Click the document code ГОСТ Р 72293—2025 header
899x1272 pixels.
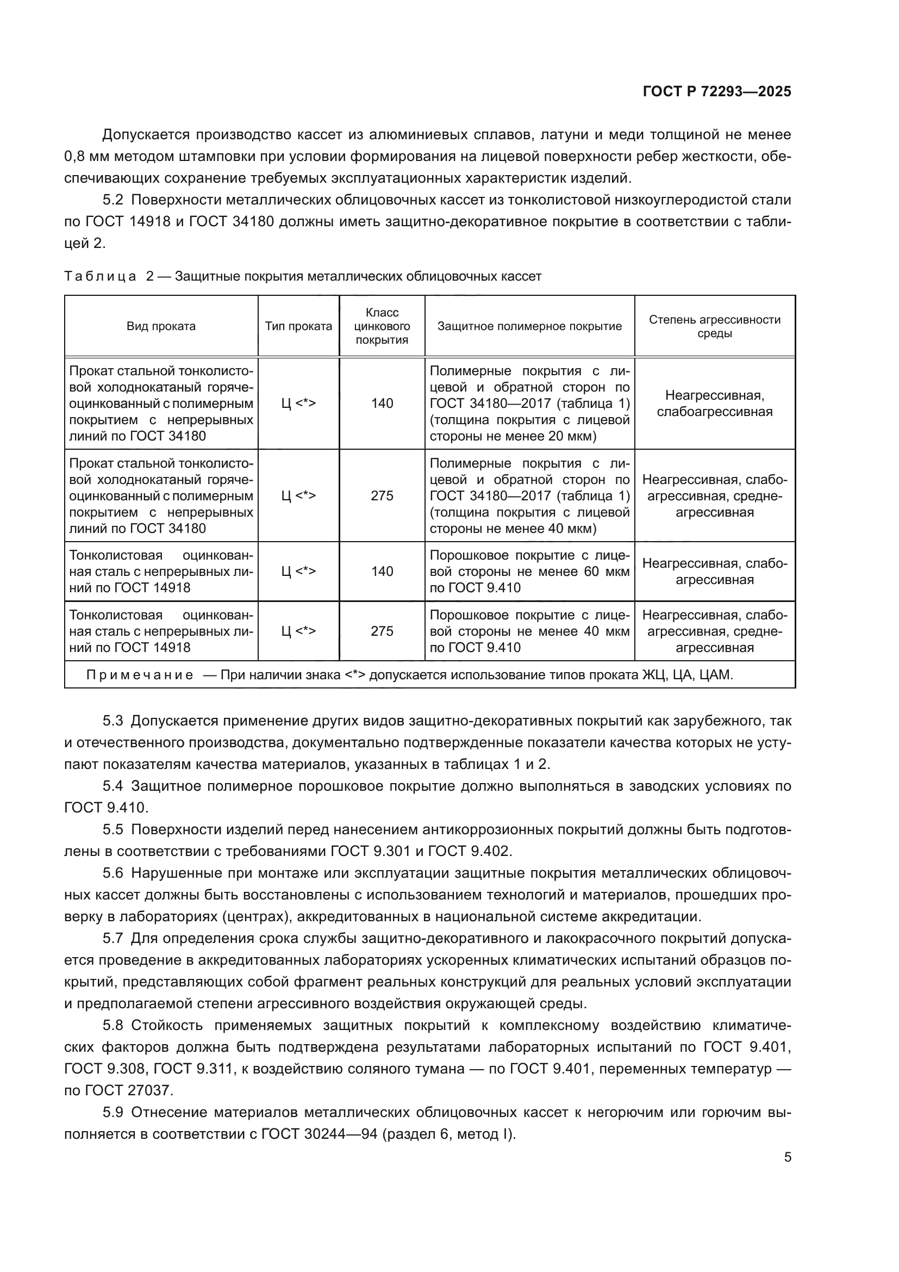[x=717, y=91]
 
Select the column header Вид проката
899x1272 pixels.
[x=161, y=326]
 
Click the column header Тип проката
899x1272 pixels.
[x=298, y=326]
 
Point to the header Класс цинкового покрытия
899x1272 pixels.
[x=382, y=326]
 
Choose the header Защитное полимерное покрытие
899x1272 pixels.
[x=530, y=326]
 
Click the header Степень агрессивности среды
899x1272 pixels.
[x=715, y=326]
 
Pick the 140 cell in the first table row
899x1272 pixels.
[x=382, y=404]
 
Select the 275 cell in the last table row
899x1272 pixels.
[x=382, y=631]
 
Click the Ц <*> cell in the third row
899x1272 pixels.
[x=298, y=571]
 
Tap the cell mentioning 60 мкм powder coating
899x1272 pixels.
[x=530, y=571]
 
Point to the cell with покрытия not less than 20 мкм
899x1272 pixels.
[x=530, y=404]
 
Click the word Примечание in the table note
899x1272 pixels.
[x=140, y=675]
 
